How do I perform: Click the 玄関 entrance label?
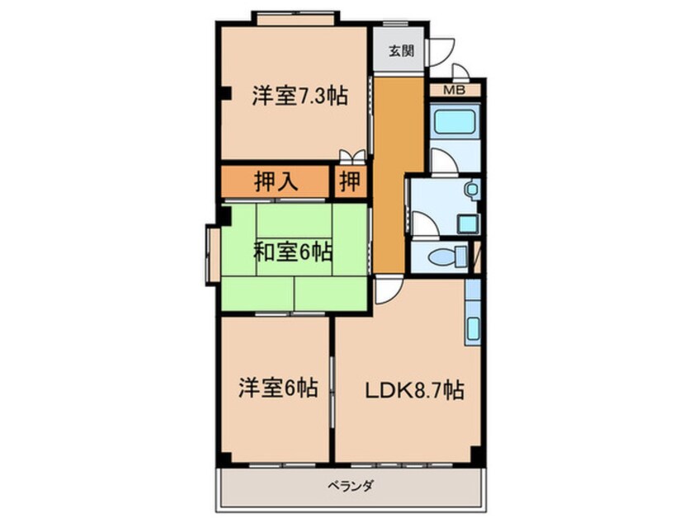pos(402,51)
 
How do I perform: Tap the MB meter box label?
pos(455,91)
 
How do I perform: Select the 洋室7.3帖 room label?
pos(300,95)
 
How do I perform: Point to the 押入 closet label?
pos(276,181)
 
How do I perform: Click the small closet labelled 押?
pos(351,181)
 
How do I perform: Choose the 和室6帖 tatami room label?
pos(293,252)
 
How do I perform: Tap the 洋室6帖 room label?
pos(278,387)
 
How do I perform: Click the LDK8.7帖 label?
pos(414,390)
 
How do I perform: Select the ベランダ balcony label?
pos(351,486)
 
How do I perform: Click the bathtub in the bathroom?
pos(455,121)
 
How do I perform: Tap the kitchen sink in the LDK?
pos(473,330)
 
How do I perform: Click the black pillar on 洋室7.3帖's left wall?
pos(226,93)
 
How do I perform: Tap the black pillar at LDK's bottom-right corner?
pos(476,454)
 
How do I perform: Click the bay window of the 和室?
pos(212,255)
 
